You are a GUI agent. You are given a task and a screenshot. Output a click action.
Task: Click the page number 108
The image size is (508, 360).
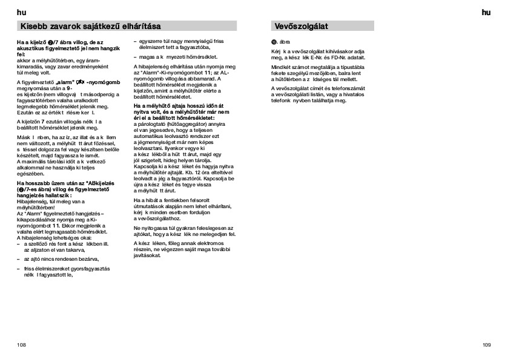coord(22,345)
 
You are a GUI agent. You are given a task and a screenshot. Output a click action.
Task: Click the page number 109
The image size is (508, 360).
coord(486,345)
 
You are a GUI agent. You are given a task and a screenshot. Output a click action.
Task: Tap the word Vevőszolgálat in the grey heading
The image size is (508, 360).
coord(302,26)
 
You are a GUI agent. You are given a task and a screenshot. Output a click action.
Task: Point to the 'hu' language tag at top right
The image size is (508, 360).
coord(486,12)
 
